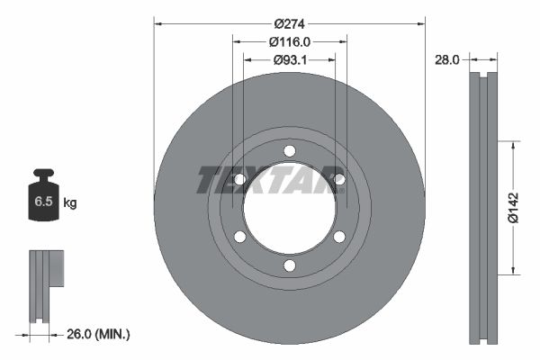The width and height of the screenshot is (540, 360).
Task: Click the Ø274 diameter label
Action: coord(289,23)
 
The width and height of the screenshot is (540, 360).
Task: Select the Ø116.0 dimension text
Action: coord(290,42)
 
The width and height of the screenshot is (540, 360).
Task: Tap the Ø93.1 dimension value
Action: coord(290,60)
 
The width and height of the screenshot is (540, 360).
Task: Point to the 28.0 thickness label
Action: coord(447,60)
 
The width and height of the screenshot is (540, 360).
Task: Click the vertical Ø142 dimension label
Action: coord(514,207)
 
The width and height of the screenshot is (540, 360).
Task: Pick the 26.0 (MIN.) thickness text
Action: coord(98,334)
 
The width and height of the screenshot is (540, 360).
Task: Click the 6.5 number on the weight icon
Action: coord(43,202)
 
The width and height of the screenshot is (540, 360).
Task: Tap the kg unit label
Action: coord(70,202)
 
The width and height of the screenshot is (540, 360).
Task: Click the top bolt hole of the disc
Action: coord(290,151)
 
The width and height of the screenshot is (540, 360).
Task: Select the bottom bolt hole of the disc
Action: coord(290,265)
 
